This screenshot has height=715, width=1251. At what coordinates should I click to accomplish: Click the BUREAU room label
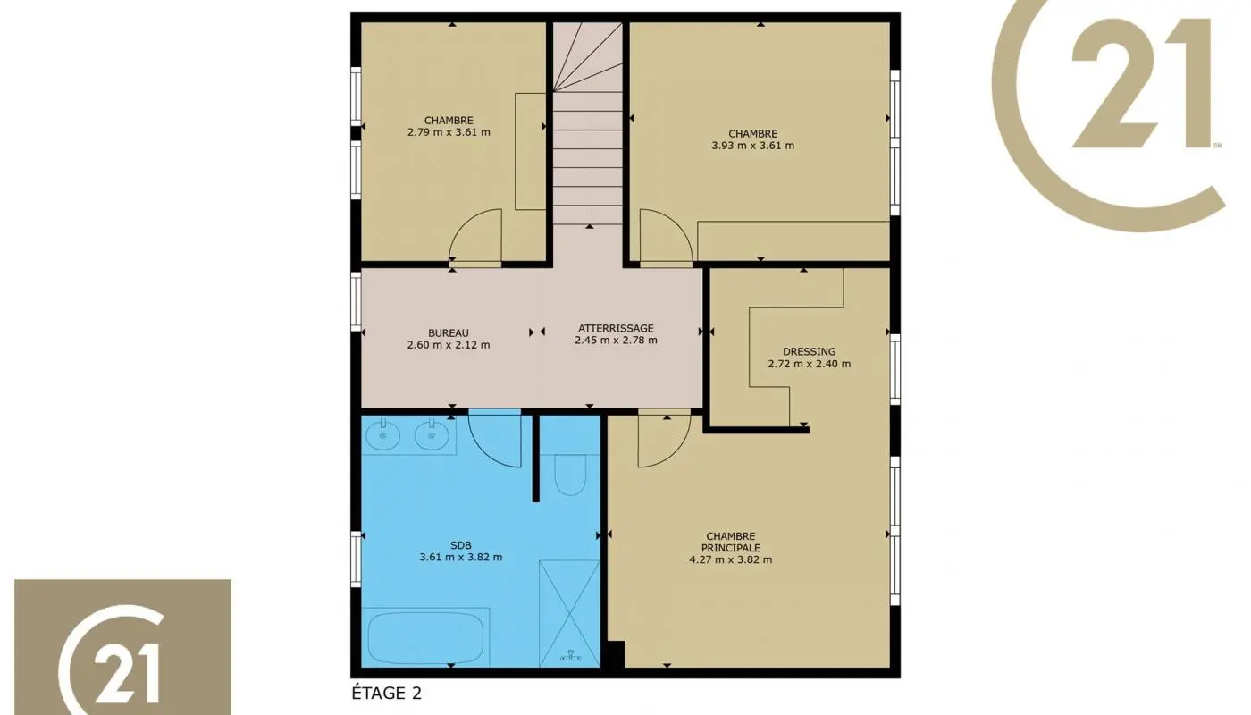448,332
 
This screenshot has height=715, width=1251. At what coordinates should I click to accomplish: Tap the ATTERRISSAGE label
616,328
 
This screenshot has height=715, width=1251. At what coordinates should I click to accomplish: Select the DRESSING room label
809,351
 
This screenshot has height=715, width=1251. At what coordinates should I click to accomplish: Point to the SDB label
460,545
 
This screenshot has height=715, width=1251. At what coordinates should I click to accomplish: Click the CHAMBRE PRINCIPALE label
730,542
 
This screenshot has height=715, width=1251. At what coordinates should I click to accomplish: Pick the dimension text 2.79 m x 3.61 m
448,132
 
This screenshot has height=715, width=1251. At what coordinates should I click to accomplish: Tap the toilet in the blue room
570,475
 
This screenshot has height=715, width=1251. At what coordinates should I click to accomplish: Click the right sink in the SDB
432,435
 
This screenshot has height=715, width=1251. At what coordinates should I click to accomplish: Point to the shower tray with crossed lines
569,612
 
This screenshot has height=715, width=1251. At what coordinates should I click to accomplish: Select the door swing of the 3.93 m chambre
663,240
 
